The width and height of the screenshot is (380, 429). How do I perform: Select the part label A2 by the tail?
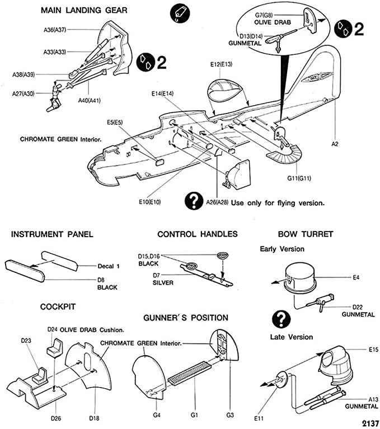335,144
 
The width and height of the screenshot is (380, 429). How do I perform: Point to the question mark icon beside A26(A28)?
194,200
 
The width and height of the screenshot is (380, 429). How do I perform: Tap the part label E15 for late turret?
358,350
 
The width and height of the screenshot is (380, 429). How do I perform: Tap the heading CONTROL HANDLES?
198,234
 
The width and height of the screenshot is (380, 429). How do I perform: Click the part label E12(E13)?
222,65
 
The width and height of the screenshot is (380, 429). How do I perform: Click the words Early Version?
282,248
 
